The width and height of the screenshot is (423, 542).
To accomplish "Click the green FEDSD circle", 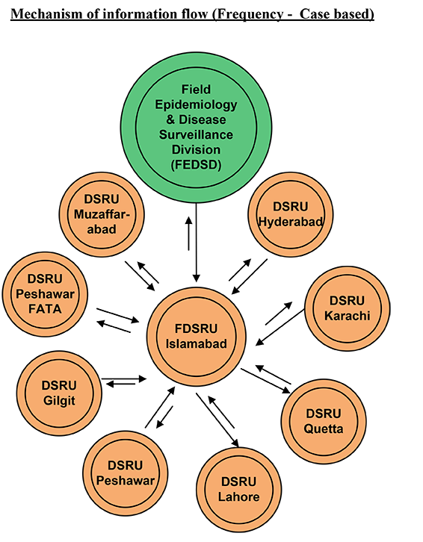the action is coord(197,127).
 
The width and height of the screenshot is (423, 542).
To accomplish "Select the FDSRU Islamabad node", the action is coord(197,337).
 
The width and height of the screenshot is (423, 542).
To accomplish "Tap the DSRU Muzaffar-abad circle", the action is coord(102,214).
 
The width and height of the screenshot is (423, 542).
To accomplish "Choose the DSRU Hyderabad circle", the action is coord(291,214).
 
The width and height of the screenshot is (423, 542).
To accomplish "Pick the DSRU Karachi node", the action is coord(348,308).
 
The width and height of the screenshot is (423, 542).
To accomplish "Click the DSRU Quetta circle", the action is coord(324,421).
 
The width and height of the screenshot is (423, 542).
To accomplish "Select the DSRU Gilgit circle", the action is coord(59,393).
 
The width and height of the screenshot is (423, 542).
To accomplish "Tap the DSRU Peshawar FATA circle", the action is coord(45,294).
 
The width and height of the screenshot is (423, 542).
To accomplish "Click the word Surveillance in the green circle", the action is coord(196,134).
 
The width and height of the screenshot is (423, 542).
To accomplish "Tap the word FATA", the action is coord(45,308).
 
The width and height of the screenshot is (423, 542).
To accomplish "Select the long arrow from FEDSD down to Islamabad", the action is coord(197,243).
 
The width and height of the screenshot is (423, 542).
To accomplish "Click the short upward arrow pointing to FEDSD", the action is coord(188,234).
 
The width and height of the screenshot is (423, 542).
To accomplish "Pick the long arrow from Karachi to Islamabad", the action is coord(280,327).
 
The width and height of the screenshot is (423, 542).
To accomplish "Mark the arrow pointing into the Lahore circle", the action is coord(217,420).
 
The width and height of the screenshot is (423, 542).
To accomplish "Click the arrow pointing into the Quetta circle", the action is coord(266,381).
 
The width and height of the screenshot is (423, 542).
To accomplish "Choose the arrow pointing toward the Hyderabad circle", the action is coord(240,270).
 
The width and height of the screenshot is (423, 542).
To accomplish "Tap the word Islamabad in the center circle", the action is coord(197,344).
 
